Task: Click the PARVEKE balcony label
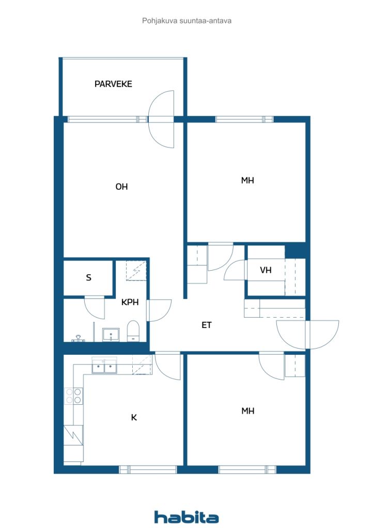point(113,84)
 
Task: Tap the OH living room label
point(121,187)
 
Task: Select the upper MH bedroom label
point(247,180)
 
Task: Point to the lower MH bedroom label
point(248,411)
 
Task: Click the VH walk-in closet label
point(266,270)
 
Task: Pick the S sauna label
point(89,277)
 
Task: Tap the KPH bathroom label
point(130,302)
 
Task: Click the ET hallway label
point(207,325)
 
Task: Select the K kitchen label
point(134,418)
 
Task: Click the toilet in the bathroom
point(133,331)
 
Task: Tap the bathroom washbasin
point(111,335)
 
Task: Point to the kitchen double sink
point(104,366)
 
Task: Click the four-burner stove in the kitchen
point(73,395)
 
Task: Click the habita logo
point(186,517)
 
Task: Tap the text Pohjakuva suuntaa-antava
point(186,21)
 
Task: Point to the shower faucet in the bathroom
point(78,338)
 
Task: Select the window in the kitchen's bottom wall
point(148,469)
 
